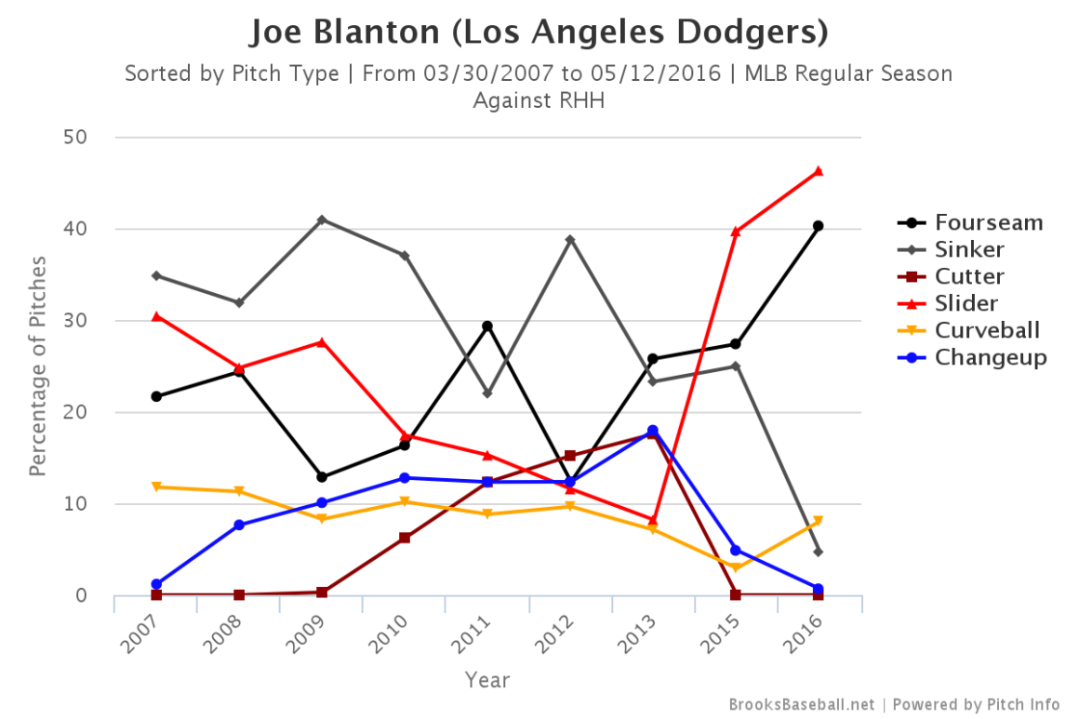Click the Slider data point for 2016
pos(818,171)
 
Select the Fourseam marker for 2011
pos(487,326)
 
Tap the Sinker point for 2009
pos(322,220)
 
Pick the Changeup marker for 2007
pos(156,584)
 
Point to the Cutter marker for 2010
pos(405,538)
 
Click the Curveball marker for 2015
pos(736,567)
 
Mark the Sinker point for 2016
pos(818,552)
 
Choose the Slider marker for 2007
pos(156,316)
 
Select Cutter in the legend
pos(969,276)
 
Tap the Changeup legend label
pos(991,357)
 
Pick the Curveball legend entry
pos(987,330)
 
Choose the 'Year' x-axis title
pos(487,680)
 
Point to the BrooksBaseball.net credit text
pos(801,704)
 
